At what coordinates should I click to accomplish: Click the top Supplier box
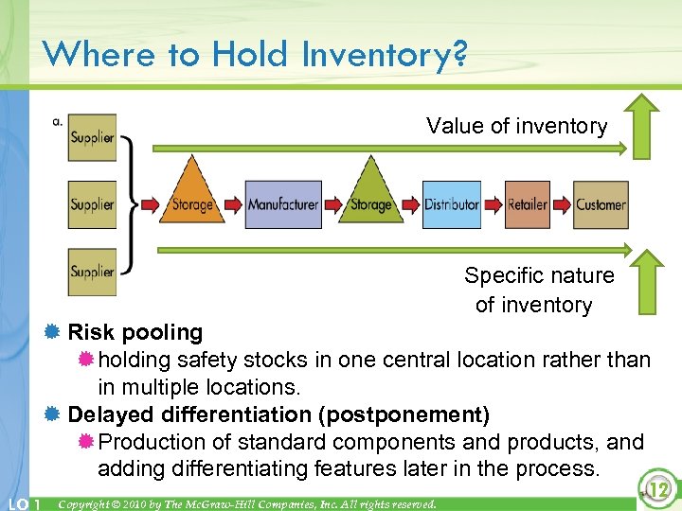92,137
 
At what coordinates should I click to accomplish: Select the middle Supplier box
92,204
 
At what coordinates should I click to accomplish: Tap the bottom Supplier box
92,272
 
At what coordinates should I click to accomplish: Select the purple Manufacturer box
282,204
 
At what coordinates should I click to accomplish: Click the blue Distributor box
451,204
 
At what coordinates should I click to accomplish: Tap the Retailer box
527,204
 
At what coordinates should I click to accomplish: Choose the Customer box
601,204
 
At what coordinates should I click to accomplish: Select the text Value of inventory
516,126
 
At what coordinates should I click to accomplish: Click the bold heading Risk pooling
135,332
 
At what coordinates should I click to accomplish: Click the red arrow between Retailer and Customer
563,204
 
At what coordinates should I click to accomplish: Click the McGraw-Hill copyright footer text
247,503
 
